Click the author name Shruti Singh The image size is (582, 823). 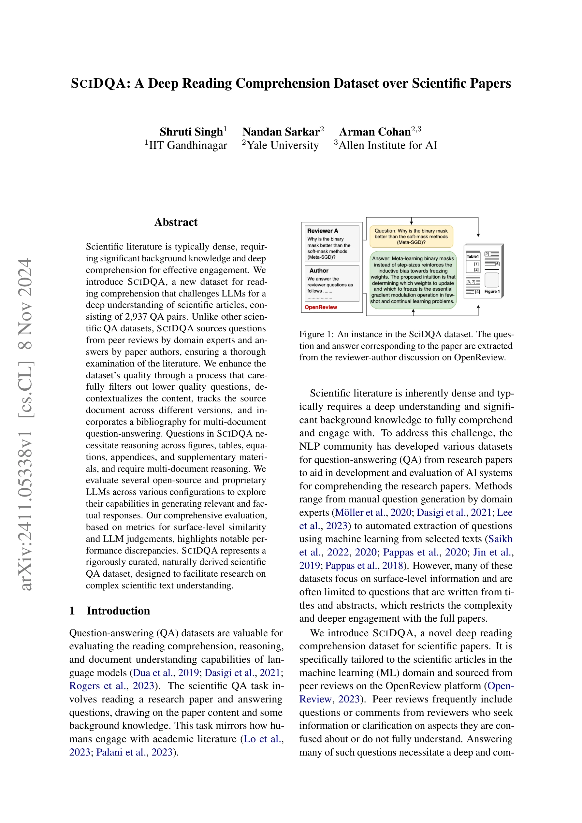click(x=191, y=132)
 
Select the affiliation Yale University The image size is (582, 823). click(x=283, y=145)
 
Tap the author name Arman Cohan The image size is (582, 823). click(x=375, y=132)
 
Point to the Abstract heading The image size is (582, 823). click(x=176, y=222)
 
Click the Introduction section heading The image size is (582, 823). click(x=118, y=611)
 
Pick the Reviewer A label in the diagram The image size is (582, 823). click(x=322, y=231)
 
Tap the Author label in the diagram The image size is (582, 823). click(x=319, y=271)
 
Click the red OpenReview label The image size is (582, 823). click(x=321, y=307)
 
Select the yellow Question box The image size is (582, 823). click(x=411, y=237)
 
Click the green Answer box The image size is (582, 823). click(x=413, y=280)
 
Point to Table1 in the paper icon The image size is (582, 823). click(x=472, y=256)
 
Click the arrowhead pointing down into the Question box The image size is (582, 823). click(x=412, y=223)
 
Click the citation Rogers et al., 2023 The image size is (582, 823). click(x=111, y=686)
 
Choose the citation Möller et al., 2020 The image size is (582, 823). click(x=372, y=512)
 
